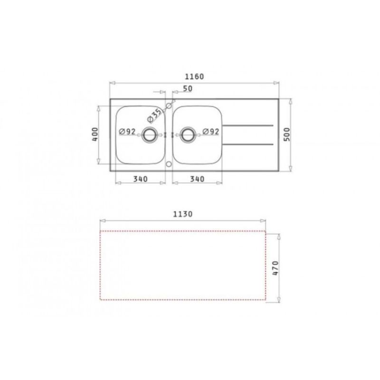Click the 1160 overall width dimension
(194, 76)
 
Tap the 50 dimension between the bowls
(188, 89)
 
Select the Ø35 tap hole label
(154, 115)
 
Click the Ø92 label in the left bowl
(127, 132)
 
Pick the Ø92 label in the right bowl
(210, 132)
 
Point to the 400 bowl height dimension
(95, 134)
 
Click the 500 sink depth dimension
(287, 134)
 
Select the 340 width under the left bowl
(140, 179)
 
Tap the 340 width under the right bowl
(197, 179)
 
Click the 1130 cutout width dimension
(183, 214)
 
